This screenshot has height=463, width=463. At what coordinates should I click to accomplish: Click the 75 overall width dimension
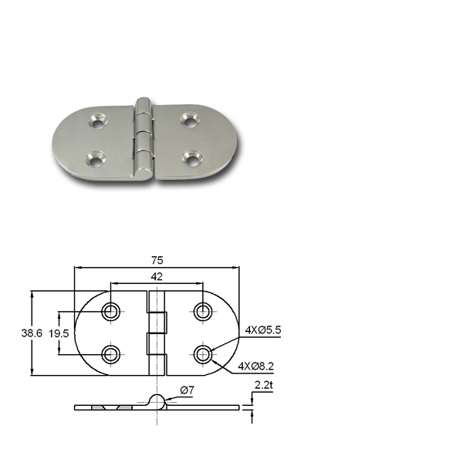[157, 261]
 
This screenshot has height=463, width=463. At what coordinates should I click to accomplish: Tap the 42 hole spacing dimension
[157, 277]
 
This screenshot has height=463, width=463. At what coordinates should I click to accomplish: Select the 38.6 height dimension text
[32, 333]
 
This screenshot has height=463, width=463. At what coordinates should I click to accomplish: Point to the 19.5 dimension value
[59, 333]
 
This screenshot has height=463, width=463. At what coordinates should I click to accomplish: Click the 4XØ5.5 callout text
[263, 330]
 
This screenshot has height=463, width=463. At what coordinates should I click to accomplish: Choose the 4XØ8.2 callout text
[256, 367]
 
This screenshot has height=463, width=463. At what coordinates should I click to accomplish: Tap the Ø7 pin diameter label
[188, 390]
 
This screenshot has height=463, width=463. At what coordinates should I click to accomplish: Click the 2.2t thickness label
[264, 385]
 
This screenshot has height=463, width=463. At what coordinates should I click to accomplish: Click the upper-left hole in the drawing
[110, 312]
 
